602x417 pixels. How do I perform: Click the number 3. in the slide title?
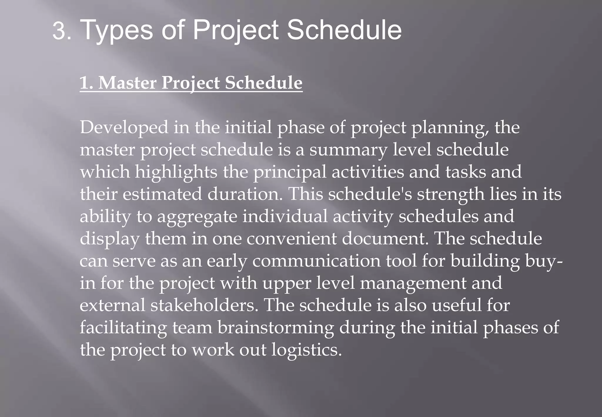pyautogui.click(x=62, y=31)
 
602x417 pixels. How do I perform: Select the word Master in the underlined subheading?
pyautogui.click(x=127, y=83)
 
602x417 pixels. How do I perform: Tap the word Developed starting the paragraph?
pyautogui.click(x=124, y=128)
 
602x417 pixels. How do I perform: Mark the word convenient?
pyautogui.click(x=291, y=238)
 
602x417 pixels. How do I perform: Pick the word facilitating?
pyautogui.click(x=123, y=328)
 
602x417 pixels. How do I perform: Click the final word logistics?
pyautogui.click(x=306, y=350)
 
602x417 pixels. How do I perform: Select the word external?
pyautogui.click(x=113, y=305)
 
